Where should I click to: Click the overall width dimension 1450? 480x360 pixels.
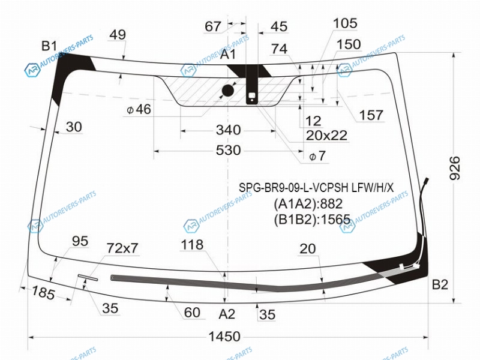pos(224,337)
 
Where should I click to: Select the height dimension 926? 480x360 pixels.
pos(455,168)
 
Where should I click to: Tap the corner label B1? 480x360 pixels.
pos(49,46)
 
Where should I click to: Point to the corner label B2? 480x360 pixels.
pos(440,284)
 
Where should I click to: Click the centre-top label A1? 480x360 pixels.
pos(228,54)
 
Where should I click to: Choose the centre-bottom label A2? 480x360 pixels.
pos(227,314)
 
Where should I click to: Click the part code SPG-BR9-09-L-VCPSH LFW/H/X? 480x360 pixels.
pos(316,187)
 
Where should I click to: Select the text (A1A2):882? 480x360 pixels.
pos(308,203)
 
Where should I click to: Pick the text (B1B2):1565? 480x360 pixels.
pos(312,219)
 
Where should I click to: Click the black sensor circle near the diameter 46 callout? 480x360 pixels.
pos(228,91)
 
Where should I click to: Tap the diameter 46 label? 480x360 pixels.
pos(139,109)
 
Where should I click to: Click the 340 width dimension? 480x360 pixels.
pos(229,130)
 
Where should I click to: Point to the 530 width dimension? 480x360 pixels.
pos(229,151)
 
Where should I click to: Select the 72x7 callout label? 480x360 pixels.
pos(122,248)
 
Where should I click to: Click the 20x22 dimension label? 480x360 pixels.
pos(326,136)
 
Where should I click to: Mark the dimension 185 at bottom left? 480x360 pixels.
pos(43,292)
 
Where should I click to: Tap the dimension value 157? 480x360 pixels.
pos(371,115)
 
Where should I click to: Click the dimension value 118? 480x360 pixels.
pos(192,245)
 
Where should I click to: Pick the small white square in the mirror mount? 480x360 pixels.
pos(252,95)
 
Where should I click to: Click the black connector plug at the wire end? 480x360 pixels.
pos(426,181)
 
